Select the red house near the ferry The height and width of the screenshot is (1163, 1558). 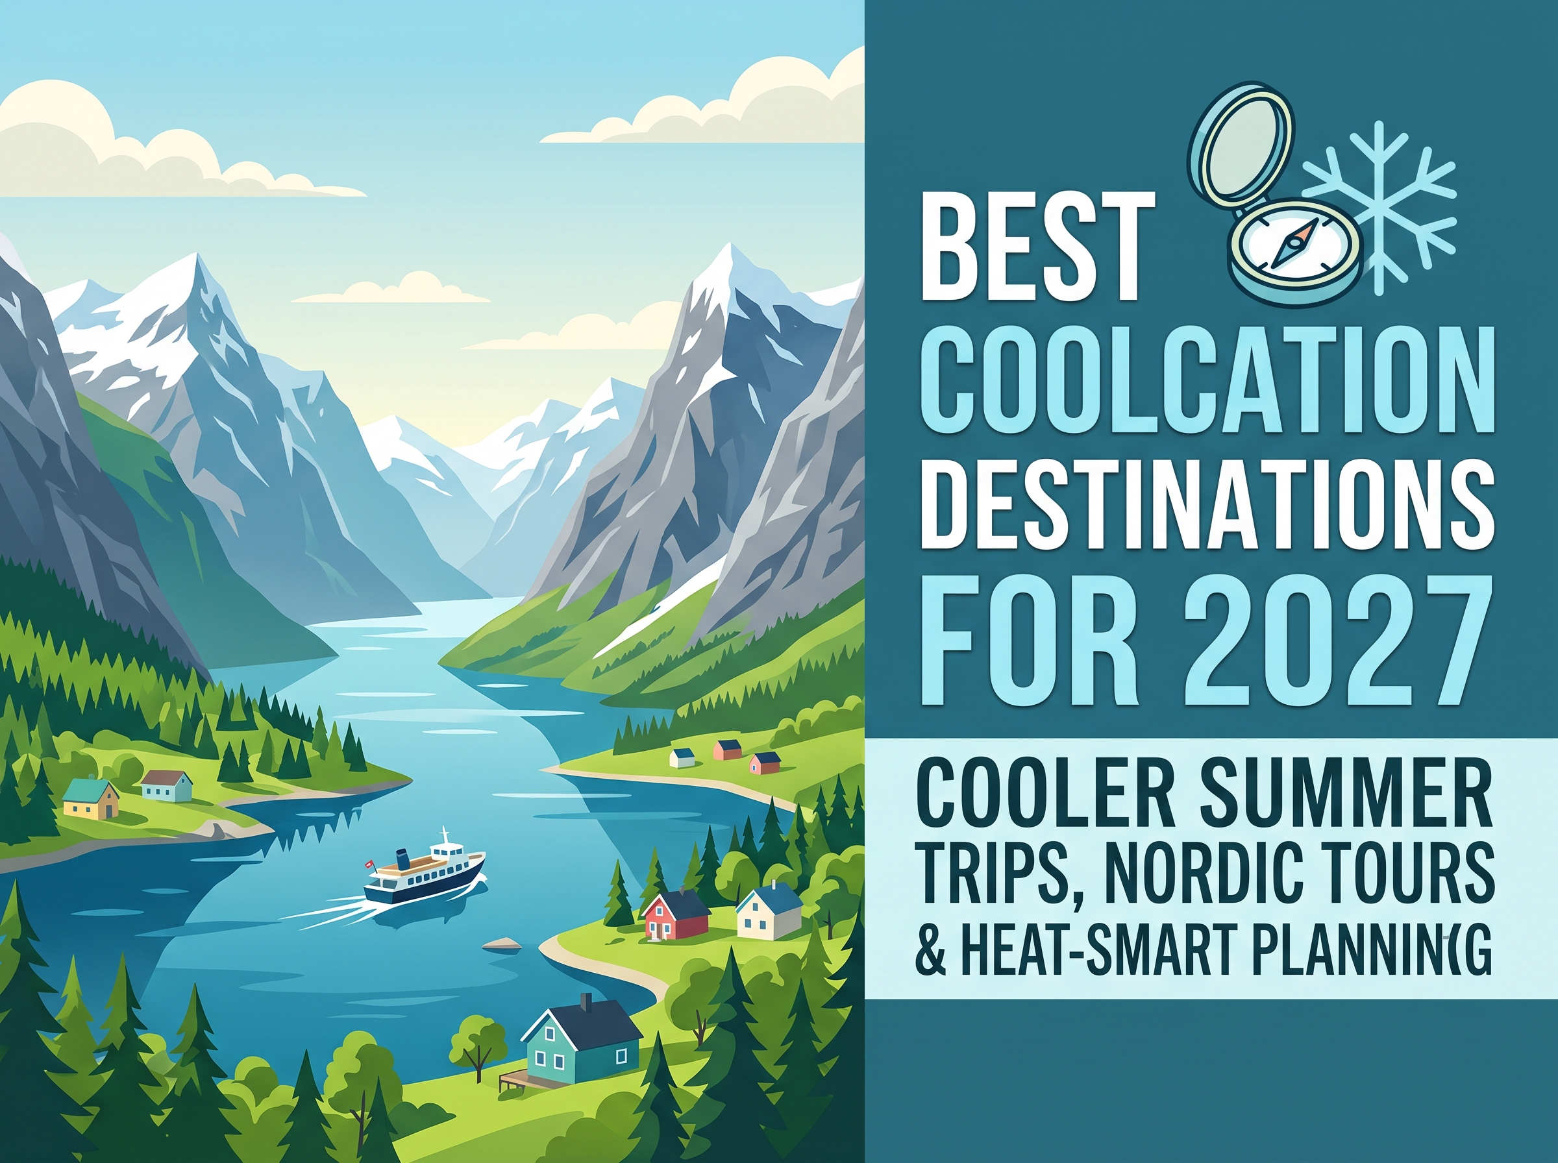[x=676, y=914]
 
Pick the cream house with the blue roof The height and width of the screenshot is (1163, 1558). [x=769, y=911]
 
